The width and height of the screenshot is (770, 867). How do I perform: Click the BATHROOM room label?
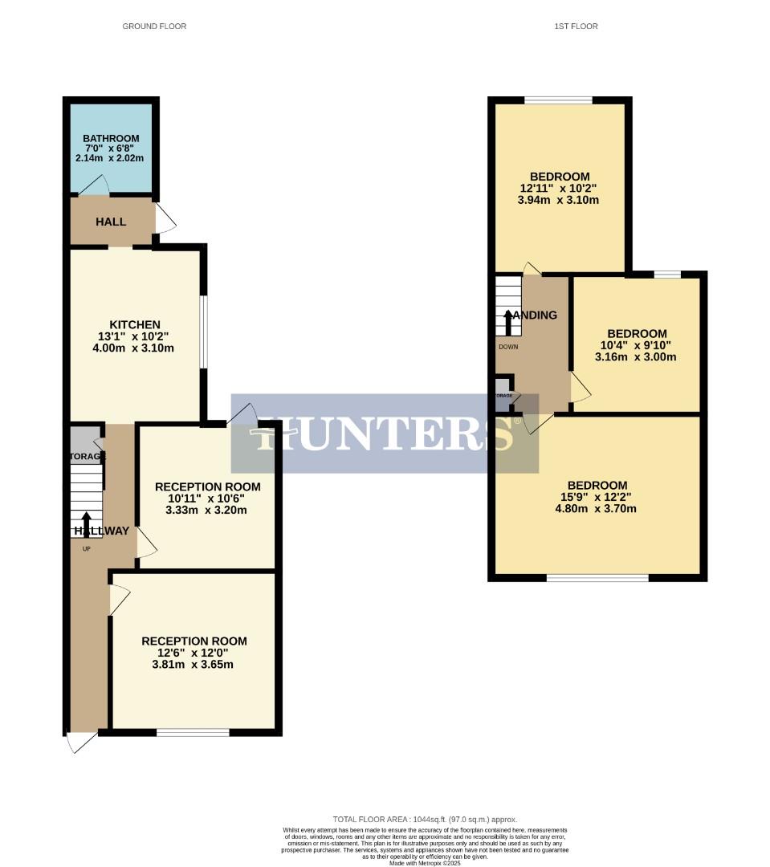(x=111, y=138)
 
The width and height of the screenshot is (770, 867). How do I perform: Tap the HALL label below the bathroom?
(x=111, y=221)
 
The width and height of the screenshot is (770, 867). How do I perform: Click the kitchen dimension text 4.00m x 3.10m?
(x=133, y=348)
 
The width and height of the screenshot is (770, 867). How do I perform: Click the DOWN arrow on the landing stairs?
(x=508, y=321)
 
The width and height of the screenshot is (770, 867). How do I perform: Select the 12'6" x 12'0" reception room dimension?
(x=194, y=653)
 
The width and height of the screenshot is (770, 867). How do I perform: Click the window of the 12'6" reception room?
(x=193, y=732)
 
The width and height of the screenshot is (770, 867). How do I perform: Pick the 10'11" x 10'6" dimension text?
(x=207, y=499)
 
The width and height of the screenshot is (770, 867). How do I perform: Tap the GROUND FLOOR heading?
(x=154, y=26)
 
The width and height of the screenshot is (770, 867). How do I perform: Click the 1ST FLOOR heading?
(x=576, y=26)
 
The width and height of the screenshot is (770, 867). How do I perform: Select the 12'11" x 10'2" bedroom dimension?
(x=560, y=189)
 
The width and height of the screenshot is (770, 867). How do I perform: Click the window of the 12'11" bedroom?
(x=559, y=100)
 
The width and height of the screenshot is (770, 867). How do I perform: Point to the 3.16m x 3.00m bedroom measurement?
(x=636, y=356)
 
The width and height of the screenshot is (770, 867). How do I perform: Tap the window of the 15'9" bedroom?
(x=597, y=577)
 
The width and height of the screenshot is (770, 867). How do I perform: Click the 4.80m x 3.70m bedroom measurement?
(x=597, y=508)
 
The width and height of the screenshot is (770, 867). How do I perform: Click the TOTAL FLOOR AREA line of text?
(x=425, y=819)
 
